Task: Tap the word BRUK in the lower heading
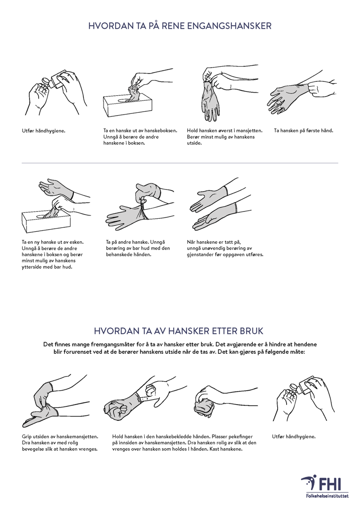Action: click(251, 331)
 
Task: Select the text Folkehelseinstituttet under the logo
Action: click(327, 496)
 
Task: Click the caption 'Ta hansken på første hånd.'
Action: click(303, 131)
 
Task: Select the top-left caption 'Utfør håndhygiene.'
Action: click(44, 131)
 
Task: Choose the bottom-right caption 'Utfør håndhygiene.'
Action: click(294, 437)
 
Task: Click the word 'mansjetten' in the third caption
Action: click(250, 131)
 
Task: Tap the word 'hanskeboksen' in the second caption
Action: click(162, 131)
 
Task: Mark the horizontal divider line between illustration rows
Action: click(180, 162)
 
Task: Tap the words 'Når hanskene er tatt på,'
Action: click(214, 242)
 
